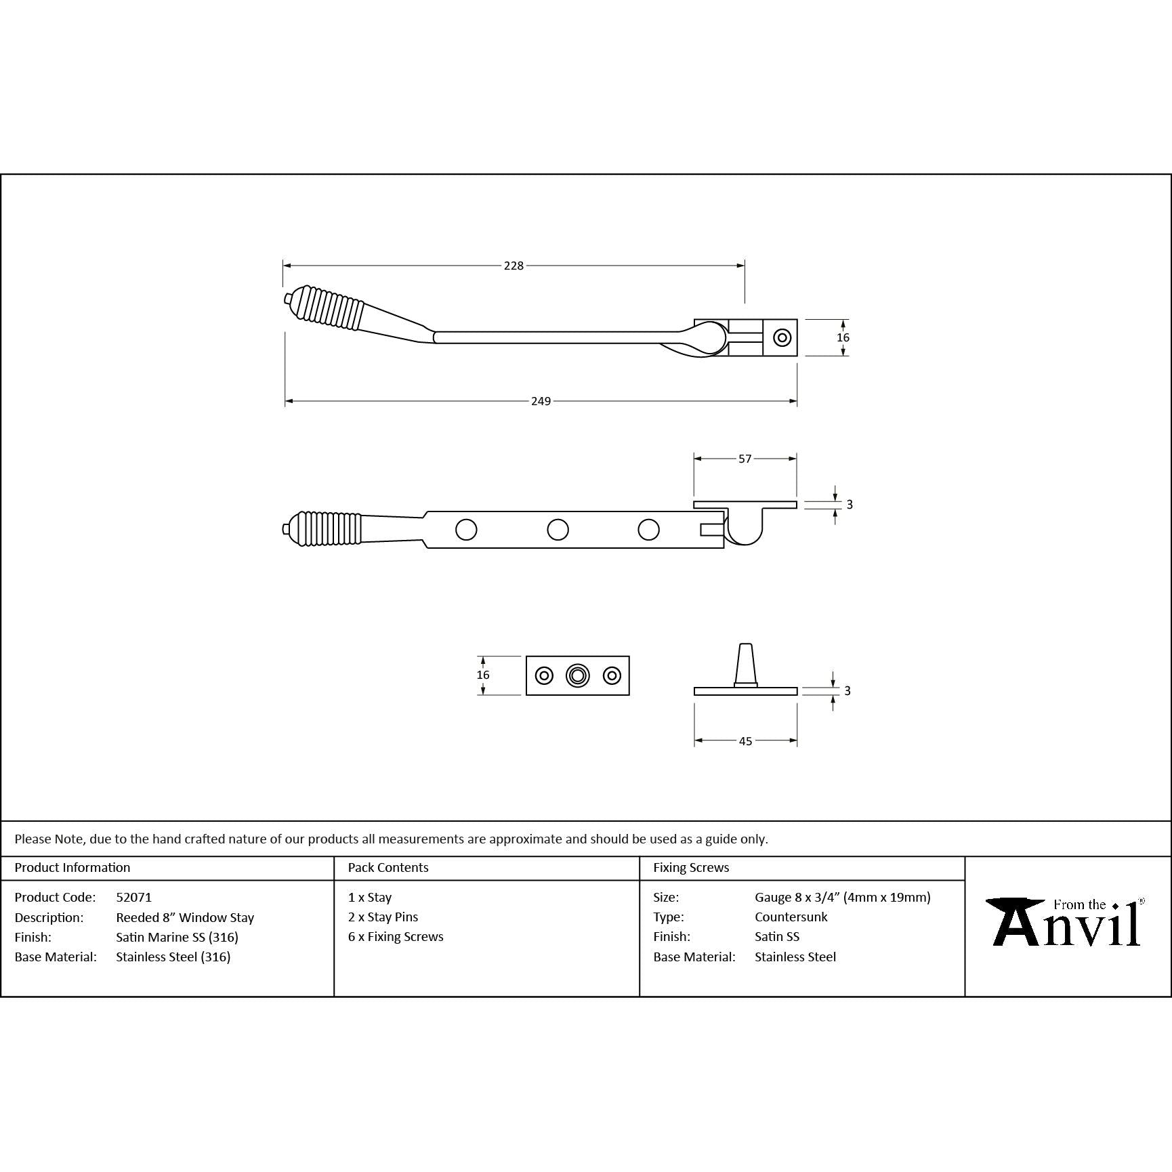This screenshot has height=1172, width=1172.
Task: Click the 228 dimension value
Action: [x=514, y=266]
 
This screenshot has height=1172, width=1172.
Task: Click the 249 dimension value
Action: [x=541, y=401]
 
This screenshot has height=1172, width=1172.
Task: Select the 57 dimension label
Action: [x=745, y=459]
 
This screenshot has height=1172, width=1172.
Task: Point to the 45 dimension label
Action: [x=745, y=741]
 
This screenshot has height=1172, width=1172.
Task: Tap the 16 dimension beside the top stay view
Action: [x=843, y=337]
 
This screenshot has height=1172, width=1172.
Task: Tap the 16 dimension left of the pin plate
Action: [x=482, y=675]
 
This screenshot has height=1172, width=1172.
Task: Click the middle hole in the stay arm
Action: [x=558, y=529]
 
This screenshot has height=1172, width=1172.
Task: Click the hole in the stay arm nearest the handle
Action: [x=466, y=529]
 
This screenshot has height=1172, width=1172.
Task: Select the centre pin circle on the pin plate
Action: [x=577, y=675]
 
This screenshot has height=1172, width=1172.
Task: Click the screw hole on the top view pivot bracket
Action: [x=782, y=337]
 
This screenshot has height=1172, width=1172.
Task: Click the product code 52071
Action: [x=134, y=897]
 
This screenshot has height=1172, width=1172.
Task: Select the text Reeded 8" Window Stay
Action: [x=185, y=917]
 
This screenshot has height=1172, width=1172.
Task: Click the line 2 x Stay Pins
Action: [x=383, y=917]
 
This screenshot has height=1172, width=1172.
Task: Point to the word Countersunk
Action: [x=791, y=917]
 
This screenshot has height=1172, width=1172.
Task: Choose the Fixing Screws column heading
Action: [x=691, y=867]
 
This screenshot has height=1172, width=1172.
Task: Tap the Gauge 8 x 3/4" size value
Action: [x=842, y=897]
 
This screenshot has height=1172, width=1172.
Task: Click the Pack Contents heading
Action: [x=388, y=867]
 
